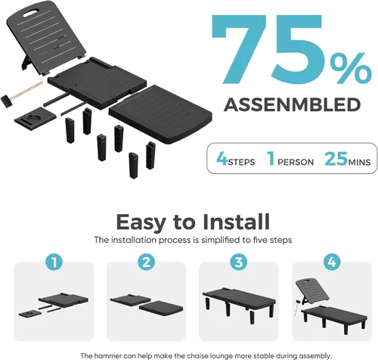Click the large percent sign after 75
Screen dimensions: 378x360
pos(351,68)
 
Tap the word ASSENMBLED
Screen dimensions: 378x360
pos(293,104)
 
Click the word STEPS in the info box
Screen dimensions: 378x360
pos(241,162)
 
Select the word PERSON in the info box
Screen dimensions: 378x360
pos(296,162)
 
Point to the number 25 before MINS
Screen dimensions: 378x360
pos(336,159)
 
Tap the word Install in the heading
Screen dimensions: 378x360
pos(236,222)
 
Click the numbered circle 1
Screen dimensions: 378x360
pos(54,262)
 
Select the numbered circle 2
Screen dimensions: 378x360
pos(147,262)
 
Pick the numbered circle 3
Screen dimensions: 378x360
pos(239,262)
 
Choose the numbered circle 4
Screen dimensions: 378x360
pos(332,262)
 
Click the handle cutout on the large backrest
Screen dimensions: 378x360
pos(31,13)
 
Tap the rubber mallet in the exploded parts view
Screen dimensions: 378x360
pos(20,95)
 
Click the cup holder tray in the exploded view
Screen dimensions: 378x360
pos(36,119)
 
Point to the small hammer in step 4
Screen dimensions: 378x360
pos(297,308)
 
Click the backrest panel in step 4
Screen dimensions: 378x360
pos(312,291)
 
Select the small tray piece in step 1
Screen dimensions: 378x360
pos(30,315)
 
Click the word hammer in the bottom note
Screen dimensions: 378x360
pos(104,355)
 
